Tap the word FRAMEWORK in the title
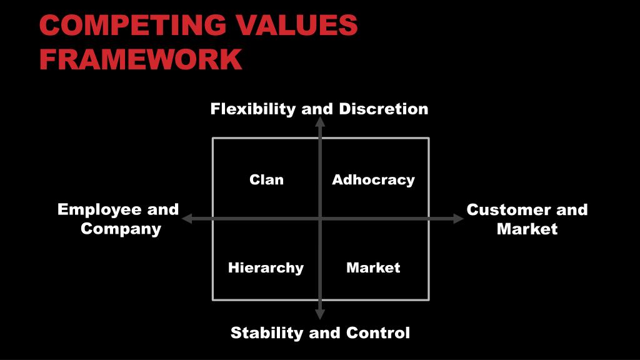(141, 59)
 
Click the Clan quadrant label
(266, 180)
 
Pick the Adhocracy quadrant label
(373, 180)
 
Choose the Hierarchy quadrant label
(266, 268)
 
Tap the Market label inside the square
(373, 268)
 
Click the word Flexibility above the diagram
(253, 109)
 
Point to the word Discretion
(384, 109)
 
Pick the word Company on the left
(121, 229)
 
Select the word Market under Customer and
(527, 229)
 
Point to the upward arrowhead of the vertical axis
(320, 122)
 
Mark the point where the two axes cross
(320, 219)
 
